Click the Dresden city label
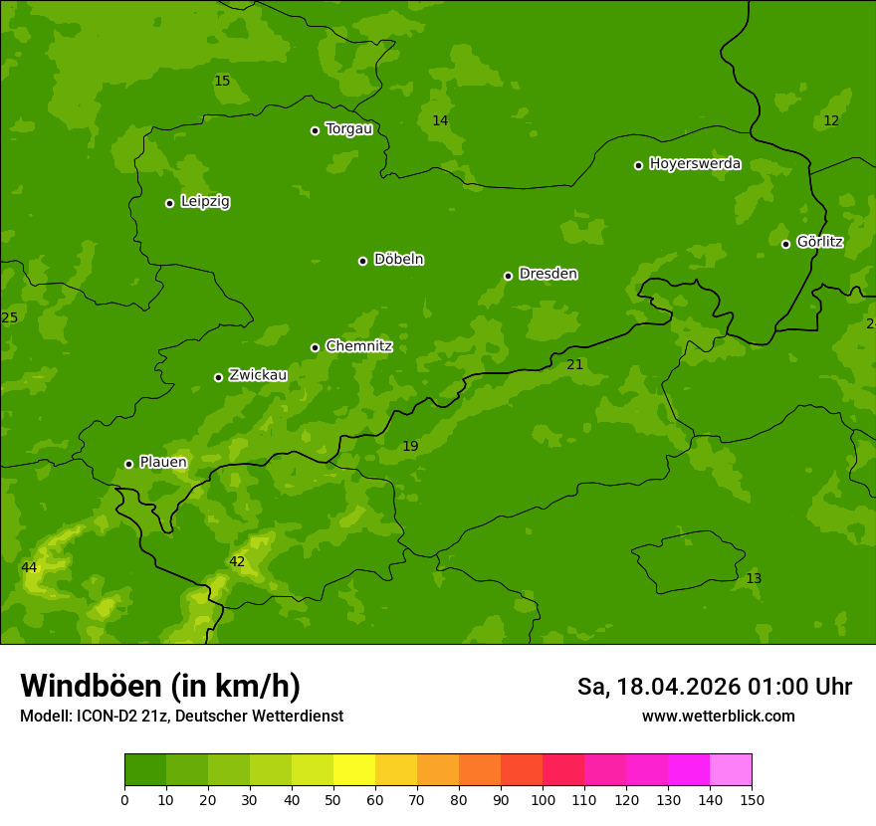[x=547, y=274]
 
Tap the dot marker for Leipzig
[x=169, y=203]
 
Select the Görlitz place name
[x=819, y=242]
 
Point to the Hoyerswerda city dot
[x=638, y=165]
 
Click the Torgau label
[x=348, y=128]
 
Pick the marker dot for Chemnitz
[x=315, y=347]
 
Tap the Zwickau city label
[x=258, y=375]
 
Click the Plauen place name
[x=163, y=462]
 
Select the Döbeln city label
[x=398, y=259]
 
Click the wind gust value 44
[x=29, y=567]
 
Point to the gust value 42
[x=237, y=561]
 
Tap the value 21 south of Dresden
[x=574, y=364]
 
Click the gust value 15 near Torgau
[x=222, y=81]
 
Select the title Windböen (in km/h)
[x=160, y=686]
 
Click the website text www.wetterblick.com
[x=718, y=716]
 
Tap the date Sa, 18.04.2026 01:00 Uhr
[x=714, y=687]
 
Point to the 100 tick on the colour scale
[x=543, y=799]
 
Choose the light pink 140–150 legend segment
[x=731, y=769]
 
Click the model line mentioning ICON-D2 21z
[x=181, y=716]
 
